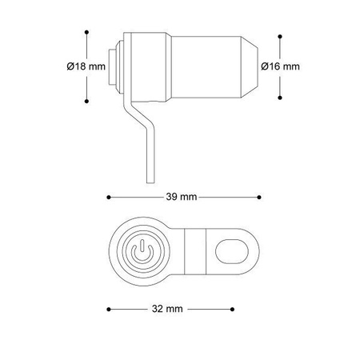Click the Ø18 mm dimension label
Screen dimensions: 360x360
tap(86, 66)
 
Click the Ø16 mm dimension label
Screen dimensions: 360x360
tap(280, 66)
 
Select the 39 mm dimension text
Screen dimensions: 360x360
tap(182, 197)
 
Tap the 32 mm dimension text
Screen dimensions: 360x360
tap(167, 309)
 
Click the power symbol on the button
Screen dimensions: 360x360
tap(142, 251)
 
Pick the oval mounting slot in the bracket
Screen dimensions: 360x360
tap(232, 251)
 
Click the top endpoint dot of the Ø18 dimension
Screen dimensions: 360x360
tap(86, 32)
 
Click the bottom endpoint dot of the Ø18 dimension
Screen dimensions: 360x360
tap(86, 101)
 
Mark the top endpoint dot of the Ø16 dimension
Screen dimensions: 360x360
tap(280, 36)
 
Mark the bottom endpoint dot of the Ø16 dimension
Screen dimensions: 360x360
tap(280, 98)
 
